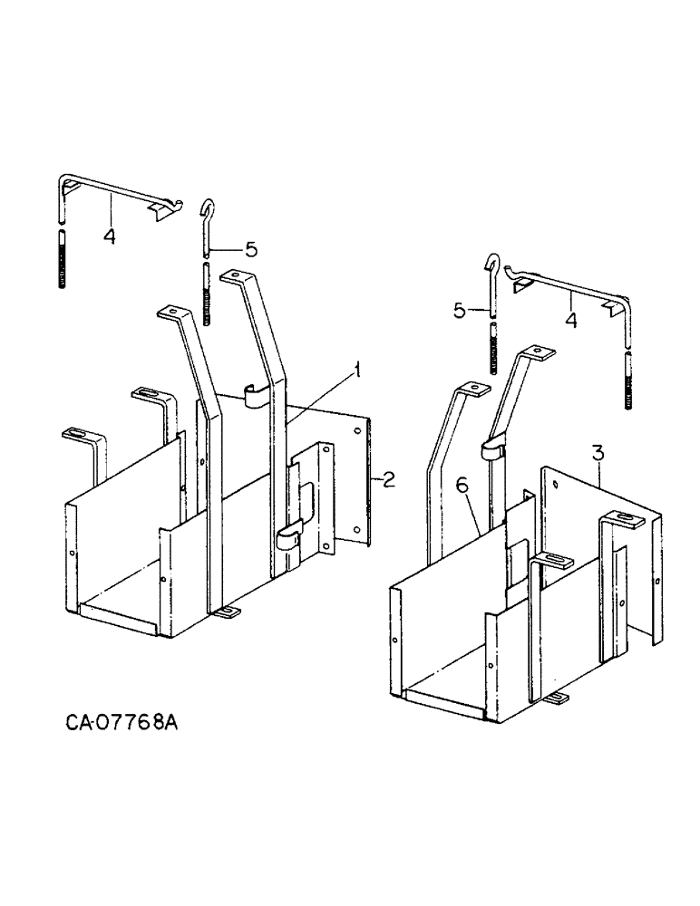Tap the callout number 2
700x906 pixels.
coord(388,479)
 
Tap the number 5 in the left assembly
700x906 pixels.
coord(251,246)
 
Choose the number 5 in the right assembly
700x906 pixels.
coord(462,311)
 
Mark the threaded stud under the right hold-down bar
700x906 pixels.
coord(627,381)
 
